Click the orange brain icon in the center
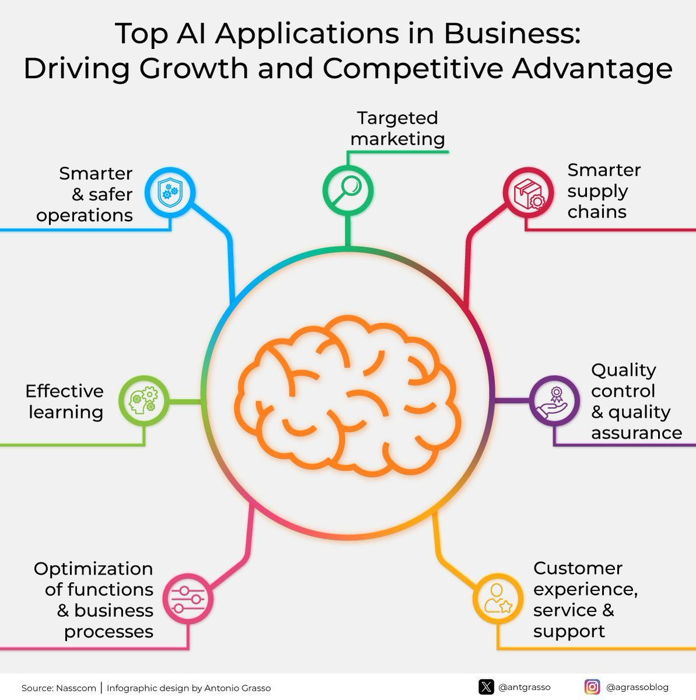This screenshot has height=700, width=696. [348, 395]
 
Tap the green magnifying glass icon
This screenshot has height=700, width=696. [348, 190]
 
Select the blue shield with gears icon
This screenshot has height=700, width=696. [170, 192]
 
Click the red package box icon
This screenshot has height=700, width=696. [529, 194]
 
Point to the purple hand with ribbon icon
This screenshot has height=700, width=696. [554, 402]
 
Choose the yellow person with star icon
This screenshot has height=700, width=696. [498, 598]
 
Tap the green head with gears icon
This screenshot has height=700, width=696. [144, 400]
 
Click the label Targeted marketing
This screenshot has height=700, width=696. [398, 128]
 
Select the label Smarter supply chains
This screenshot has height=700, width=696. [604, 191]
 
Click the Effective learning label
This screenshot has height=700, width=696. [65, 401]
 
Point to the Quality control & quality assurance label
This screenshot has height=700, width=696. [636, 401]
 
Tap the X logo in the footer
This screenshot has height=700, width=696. [487, 687]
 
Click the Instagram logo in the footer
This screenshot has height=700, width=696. [592, 687]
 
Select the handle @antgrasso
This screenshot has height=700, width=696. [524, 687]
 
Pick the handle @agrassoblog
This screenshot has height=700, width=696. [638, 687]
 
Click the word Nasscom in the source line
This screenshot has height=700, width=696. [76, 688]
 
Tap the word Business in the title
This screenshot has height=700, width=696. [512, 33]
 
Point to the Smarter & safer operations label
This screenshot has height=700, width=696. [85, 194]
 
